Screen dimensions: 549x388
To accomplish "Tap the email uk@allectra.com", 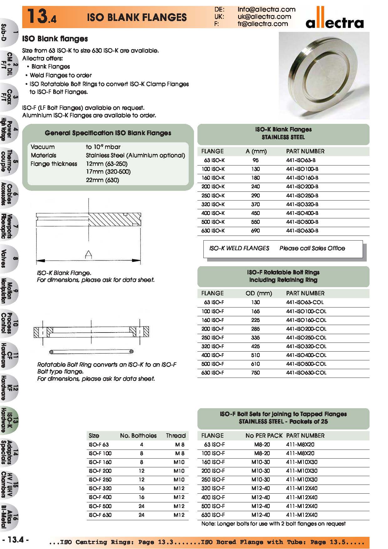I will coord(264,17).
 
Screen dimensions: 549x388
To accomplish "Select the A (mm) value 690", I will coord(255,231).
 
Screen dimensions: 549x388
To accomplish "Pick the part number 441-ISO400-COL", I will coord(306,355).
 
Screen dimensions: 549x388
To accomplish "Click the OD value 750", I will coord(255,373).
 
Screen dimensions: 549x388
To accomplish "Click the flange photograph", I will coord(324,75).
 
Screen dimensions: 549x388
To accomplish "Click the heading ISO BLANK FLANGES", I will coord(137,17).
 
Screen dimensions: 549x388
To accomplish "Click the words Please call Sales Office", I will coord(312,248).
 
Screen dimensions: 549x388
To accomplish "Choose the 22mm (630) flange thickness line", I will coord(102,180).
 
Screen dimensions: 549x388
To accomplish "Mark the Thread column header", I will coord(176,435).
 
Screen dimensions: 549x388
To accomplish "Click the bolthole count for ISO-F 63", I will coord(141,445).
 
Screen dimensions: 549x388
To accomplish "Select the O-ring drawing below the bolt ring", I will coord(91,352).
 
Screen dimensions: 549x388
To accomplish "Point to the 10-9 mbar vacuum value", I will coord(103,147).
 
